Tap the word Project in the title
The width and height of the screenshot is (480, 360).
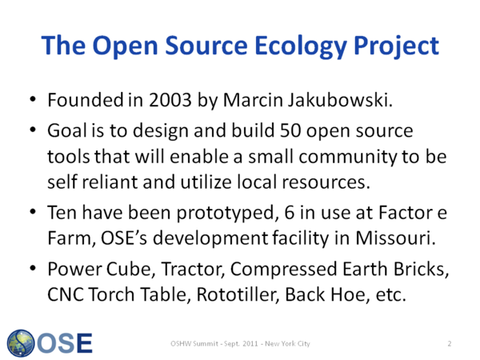397,46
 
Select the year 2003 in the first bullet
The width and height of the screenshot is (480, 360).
170,100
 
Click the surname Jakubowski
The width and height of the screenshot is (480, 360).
340,100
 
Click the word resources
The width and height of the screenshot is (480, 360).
326,182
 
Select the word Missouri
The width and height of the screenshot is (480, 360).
395,238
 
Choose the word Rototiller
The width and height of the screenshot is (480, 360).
238,294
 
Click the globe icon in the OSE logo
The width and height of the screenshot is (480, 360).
21,343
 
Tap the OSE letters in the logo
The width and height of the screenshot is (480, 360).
65,343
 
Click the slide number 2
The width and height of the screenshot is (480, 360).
450,344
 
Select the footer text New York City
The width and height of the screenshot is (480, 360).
287,344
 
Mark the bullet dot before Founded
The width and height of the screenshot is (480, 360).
33,99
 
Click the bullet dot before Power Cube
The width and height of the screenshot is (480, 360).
33,268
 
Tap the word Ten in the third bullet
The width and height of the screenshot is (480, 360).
62,213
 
